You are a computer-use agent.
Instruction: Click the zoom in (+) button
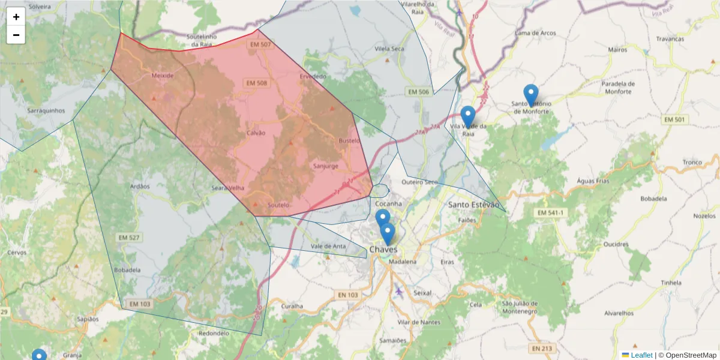(16, 17)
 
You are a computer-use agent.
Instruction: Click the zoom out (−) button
(16, 35)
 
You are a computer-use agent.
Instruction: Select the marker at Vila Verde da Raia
(468, 116)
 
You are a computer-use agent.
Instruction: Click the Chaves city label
(384, 249)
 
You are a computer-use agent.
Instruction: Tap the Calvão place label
(256, 133)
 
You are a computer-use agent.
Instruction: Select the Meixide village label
(163, 76)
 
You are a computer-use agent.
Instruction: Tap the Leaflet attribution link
(641, 355)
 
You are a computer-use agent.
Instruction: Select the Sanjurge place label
(326, 166)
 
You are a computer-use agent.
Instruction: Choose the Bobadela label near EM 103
(127, 270)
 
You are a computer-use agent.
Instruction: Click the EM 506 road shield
(418, 92)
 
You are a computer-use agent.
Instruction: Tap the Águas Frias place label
(593, 181)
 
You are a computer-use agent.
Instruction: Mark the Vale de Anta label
(328, 246)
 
